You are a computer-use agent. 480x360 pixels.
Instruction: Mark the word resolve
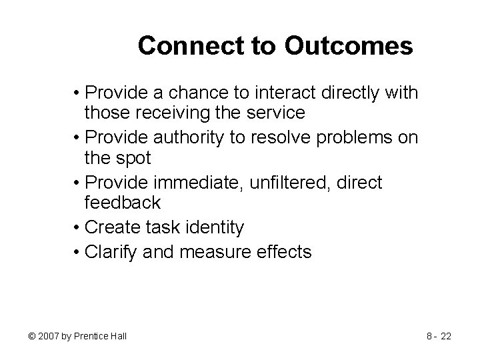coord(283,138)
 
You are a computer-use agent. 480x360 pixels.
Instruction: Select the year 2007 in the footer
coord(49,336)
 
